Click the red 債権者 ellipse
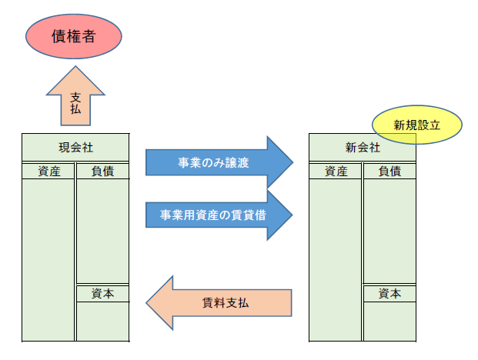point(73,36)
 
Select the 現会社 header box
point(75,147)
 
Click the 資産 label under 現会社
point(48,171)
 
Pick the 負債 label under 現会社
point(102,171)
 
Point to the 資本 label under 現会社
point(102,294)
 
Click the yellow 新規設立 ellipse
point(416,125)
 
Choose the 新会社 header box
point(362,147)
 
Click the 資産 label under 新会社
point(336,171)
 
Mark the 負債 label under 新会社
point(389,171)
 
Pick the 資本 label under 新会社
point(389,294)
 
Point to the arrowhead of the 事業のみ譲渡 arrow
point(282,162)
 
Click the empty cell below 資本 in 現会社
point(102,322)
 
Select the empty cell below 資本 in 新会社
point(389,322)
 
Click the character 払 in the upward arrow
point(75,109)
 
